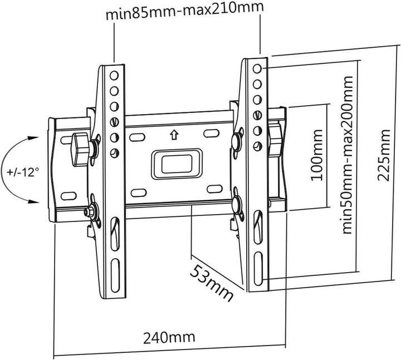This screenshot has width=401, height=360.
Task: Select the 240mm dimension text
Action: tap(169, 337)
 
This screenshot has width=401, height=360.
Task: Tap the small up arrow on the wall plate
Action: tap(174, 134)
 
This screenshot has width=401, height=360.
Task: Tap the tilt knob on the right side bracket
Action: tap(273, 132)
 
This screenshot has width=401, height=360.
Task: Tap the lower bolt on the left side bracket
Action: tap(89, 211)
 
